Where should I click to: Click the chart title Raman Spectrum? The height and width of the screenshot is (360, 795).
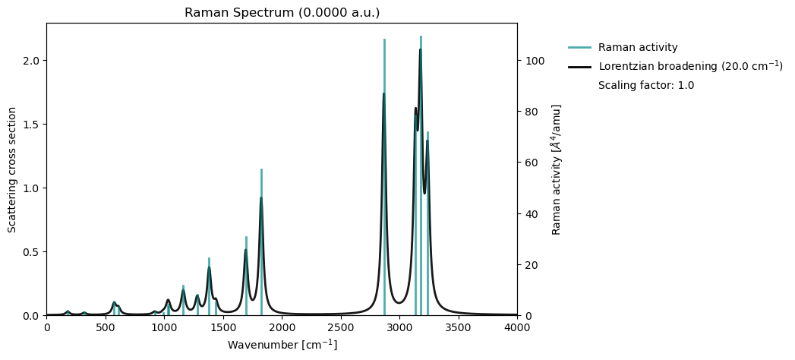(282, 13)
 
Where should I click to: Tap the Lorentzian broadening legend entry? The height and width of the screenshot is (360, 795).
(689, 66)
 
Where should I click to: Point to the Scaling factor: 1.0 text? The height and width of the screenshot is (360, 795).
(645, 85)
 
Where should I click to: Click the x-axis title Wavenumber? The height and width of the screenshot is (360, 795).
(282, 345)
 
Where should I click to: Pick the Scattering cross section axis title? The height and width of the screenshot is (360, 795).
(12, 169)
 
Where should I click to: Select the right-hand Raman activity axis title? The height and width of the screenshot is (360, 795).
(557, 169)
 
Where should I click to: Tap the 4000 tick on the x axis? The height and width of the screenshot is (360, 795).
(517, 327)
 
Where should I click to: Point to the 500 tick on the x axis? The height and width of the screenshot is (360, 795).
(106, 327)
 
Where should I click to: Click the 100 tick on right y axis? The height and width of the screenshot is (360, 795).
(533, 61)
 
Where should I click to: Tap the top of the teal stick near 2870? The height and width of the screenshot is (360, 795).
(384, 39)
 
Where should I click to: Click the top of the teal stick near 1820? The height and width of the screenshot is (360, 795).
(261, 169)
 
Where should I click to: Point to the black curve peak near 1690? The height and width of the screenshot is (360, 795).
(245, 250)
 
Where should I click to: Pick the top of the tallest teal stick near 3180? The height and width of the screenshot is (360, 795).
(421, 36)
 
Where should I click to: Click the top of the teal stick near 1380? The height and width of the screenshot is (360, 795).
(209, 258)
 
